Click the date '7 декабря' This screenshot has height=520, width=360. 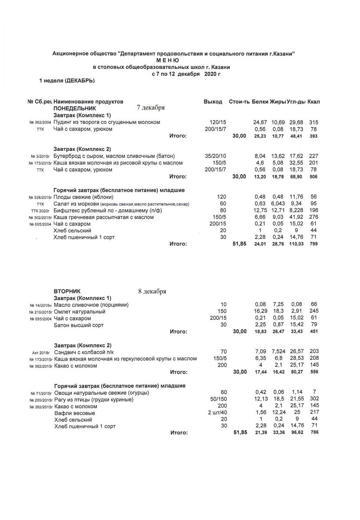pyautogui.click(x=151, y=107)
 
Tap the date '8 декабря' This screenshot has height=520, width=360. pyautogui.click(x=152, y=291)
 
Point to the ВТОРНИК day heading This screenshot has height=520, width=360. pyautogui.click(x=67, y=292)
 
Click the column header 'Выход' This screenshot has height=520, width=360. pyautogui.click(x=213, y=101)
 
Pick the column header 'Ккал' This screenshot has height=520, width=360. pyautogui.click(x=314, y=101)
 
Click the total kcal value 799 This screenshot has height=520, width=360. pyautogui.click(x=314, y=244)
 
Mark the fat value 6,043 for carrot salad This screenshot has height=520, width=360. pyautogui.click(x=278, y=204)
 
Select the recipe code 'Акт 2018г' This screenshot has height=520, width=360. pyautogui.click(x=42, y=352)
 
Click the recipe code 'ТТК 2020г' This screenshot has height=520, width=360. pyautogui.click(x=41, y=211)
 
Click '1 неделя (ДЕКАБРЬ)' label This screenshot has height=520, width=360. pyautogui.click(x=67, y=81)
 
